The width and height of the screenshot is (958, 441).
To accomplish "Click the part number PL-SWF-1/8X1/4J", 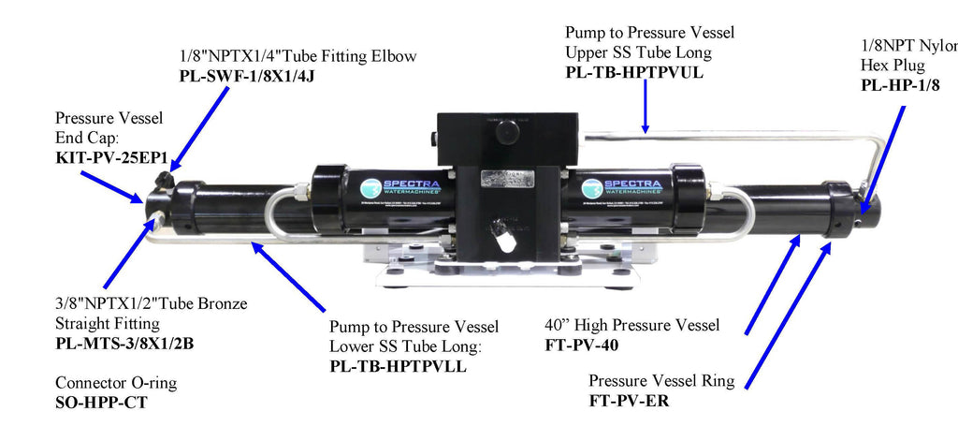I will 247,77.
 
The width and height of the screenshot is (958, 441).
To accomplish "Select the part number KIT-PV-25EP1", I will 112,157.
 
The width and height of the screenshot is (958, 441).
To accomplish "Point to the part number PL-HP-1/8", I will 901,85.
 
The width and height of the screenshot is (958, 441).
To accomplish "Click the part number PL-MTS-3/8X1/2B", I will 124,343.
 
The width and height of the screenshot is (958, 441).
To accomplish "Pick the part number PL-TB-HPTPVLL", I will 398,366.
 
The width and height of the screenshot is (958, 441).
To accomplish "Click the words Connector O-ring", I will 117,383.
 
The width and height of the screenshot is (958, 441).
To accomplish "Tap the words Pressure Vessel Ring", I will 661,382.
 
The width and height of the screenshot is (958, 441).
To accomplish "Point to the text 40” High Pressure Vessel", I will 631,325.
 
